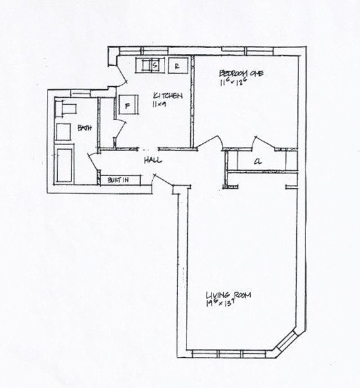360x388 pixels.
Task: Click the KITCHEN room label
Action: [168, 96]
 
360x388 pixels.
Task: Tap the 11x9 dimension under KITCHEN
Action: [159, 104]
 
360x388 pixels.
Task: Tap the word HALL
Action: [152, 160]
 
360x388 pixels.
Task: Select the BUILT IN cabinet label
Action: [117, 180]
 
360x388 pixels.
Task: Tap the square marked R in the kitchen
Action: [179, 64]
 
